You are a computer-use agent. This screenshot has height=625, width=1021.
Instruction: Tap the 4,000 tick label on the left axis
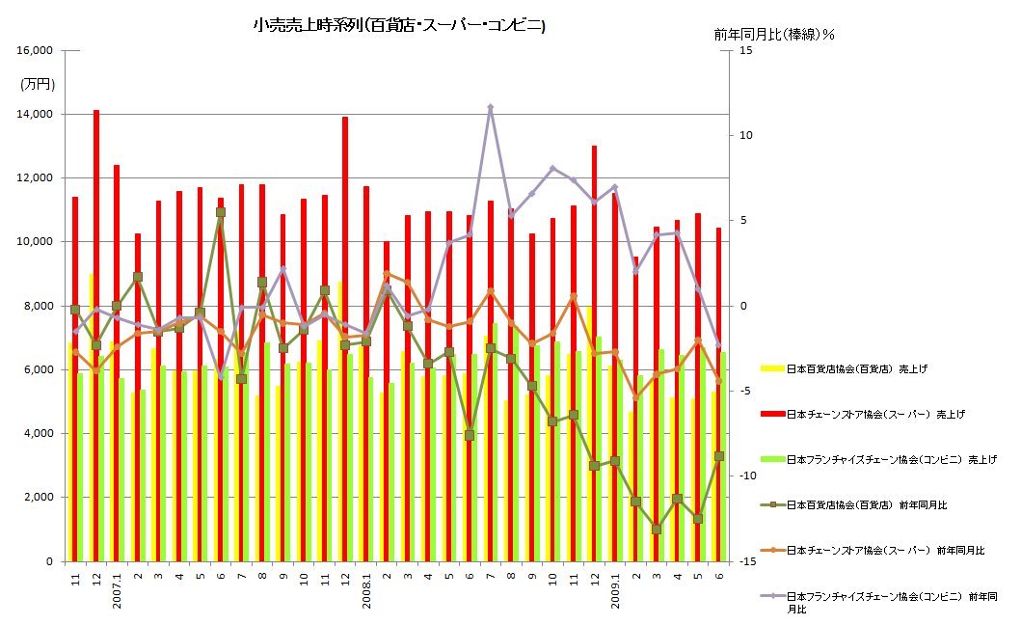pyautogui.click(x=37, y=434)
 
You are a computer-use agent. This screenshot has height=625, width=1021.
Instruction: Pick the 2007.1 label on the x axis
pyautogui.click(x=117, y=590)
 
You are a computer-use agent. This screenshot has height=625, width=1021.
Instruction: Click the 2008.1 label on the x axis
pyautogui.click(x=366, y=590)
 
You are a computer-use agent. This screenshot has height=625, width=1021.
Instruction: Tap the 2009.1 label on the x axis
pyautogui.click(x=615, y=590)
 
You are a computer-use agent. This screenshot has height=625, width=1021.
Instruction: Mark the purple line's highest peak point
pyautogui.click(x=491, y=108)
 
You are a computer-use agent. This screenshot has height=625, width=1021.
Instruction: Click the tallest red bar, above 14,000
pyautogui.click(x=96, y=289)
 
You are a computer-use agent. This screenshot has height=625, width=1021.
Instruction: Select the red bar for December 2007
pyautogui.click(x=345, y=289)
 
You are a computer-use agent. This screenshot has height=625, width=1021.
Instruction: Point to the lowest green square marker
pyautogui.click(x=657, y=529)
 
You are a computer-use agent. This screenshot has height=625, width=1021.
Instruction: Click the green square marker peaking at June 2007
pyautogui.click(x=221, y=212)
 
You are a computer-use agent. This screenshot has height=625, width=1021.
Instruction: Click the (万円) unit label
pyautogui.click(x=38, y=85)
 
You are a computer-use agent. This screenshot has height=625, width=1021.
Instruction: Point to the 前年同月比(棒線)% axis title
pyautogui.click(x=774, y=35)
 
